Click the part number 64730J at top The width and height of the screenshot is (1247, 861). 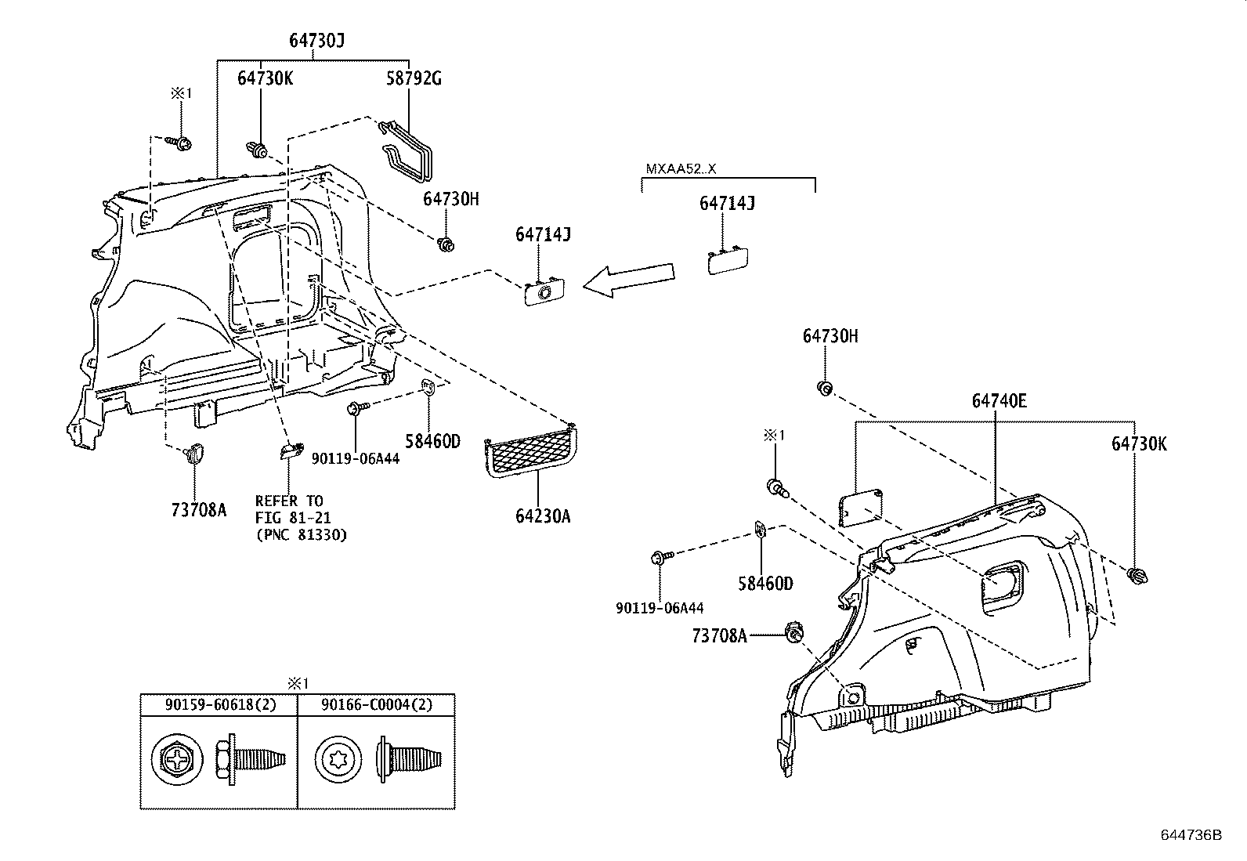coord(316,42)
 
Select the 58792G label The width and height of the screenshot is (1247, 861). coord(414,79)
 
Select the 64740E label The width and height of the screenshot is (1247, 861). coord(999,401)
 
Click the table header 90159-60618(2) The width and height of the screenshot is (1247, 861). coord(219,705)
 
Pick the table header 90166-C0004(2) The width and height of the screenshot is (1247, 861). coord(376,705)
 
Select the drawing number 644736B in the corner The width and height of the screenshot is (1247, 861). coord(1191,834)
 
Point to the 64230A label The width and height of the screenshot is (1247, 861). coord(543,516)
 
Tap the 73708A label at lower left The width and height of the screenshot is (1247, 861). coord(198,510)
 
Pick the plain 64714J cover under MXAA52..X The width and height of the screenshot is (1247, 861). coord(727,259)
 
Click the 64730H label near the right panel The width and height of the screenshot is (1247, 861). coord(830,336)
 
